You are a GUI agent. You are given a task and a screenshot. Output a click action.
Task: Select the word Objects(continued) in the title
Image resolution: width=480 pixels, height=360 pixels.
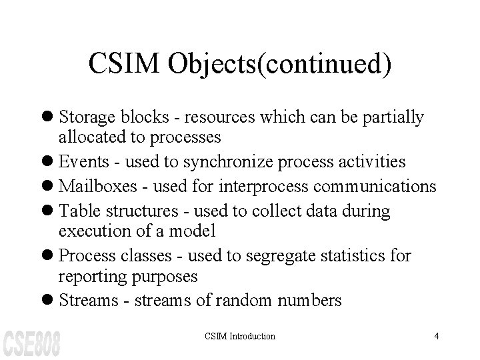[279, 65]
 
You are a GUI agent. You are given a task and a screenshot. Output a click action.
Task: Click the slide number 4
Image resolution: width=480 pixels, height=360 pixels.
[436, 336]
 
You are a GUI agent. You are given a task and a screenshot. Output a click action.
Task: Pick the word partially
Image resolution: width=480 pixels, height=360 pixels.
[391, 118]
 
